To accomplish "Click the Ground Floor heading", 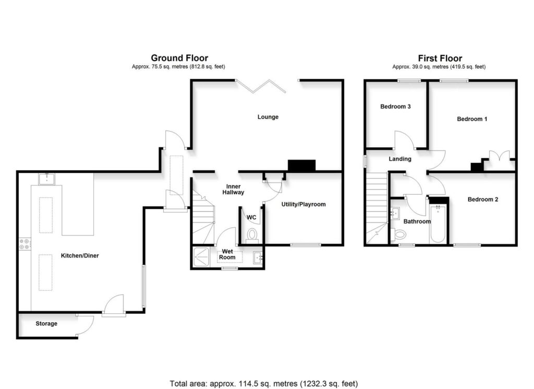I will click(179, 58).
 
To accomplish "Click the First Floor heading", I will click(440, 58).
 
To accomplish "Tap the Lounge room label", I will click(268, 117).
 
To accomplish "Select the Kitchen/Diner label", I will click(80, 256).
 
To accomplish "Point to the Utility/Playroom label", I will click(303, 204).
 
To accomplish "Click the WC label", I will click(251, 217).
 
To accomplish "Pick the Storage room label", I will click(46, 324).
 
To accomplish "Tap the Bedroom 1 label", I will click(472, 119).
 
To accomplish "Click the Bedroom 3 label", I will click(395, 107).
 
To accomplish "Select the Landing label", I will click(400, 159).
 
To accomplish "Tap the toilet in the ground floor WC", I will click(252, 234).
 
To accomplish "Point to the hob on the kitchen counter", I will click(24, 244).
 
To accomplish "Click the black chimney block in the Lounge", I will click(302, 166).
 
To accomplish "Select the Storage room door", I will click(86, 326).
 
